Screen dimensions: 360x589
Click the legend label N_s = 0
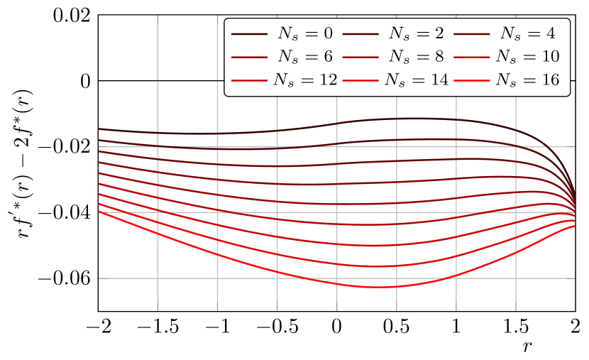303,33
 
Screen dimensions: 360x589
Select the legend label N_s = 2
414,33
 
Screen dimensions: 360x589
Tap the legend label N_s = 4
526,33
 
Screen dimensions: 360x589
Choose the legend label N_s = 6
303,56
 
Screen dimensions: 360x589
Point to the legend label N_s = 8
414,56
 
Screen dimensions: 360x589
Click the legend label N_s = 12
305,80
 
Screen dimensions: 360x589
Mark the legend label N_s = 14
417,80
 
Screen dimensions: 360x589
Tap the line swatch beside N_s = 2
361,33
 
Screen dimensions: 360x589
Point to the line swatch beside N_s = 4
473,33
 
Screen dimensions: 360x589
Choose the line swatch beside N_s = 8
361,57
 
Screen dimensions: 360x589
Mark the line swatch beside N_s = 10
473,57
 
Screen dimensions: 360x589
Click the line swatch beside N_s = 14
361,80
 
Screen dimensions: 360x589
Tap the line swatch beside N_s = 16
473,80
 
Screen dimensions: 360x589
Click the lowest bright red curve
376,287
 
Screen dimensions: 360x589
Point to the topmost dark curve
397,119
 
